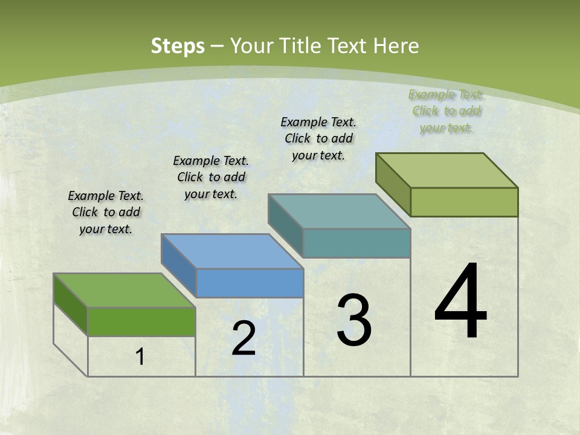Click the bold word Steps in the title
178,46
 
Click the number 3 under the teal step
354,320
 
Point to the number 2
243,338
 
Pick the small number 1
140,357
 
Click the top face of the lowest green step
124,291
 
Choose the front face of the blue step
250,283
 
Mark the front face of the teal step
356,243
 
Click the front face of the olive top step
464,202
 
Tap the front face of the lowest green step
141,321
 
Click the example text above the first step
106,212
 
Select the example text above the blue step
211,177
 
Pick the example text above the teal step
318,138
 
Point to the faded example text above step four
446,111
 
